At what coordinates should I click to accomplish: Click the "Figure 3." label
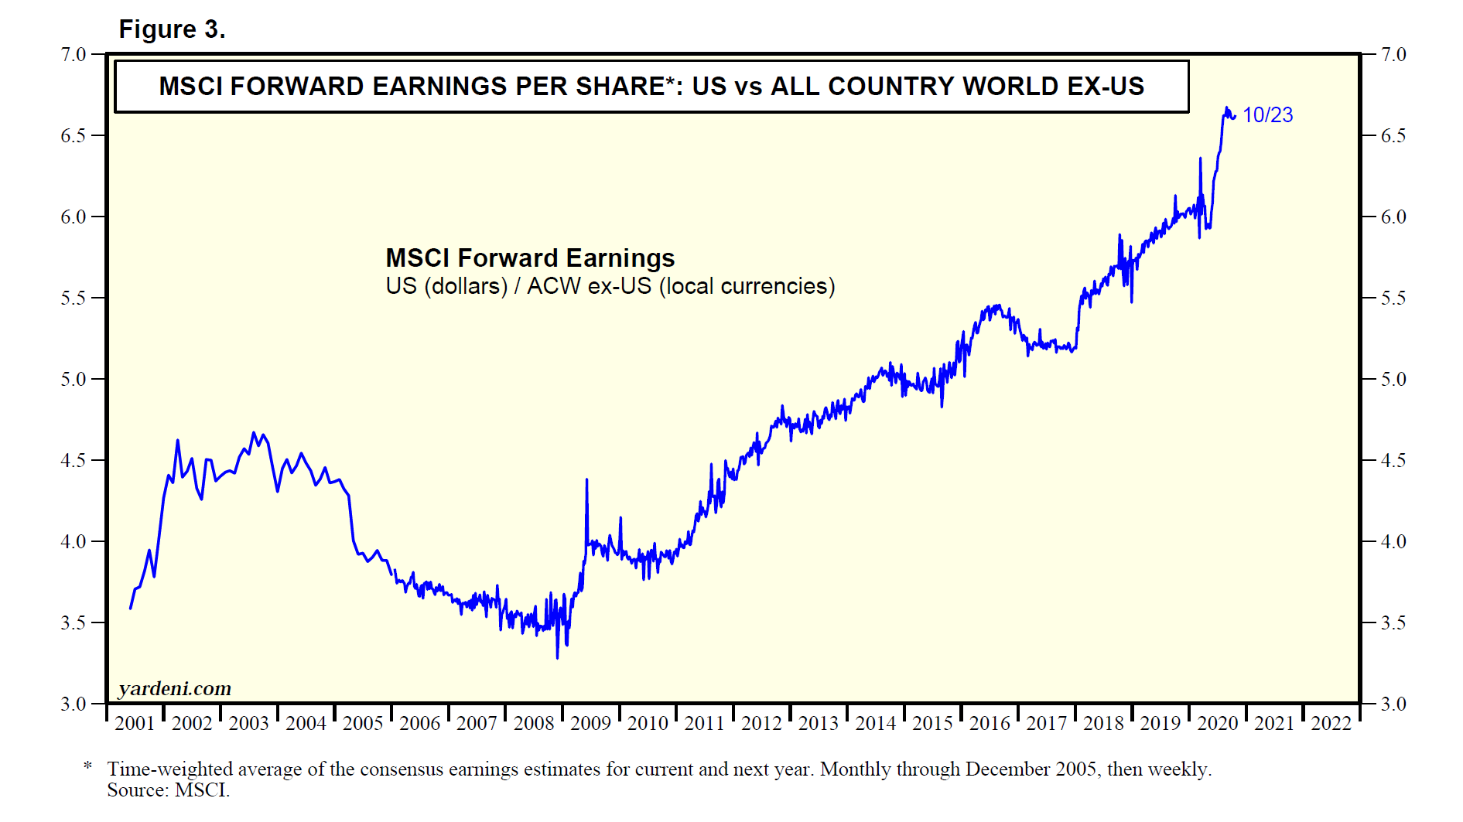point(172,29)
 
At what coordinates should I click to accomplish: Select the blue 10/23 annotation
point(1267,115)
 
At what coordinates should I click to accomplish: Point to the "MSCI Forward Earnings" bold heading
point(530,258)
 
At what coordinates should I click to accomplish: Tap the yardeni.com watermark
point(175,688)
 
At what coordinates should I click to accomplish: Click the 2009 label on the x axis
point(590,723)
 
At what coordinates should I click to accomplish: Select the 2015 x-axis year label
point(932,723)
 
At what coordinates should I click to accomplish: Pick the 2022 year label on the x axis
point(1331,723)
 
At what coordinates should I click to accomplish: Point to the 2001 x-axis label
point(135,723)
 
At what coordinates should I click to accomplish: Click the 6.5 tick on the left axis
point(73,135)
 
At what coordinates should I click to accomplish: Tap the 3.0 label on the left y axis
point(73,704)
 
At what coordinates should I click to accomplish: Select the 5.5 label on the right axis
point(1393,298)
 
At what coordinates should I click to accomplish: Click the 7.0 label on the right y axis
point(1393,54)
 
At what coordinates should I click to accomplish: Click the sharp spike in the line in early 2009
point(586,480)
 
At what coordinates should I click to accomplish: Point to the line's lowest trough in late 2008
point(557,657)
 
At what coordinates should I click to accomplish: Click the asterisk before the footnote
point(88,767)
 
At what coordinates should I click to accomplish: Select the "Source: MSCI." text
point(168,790)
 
